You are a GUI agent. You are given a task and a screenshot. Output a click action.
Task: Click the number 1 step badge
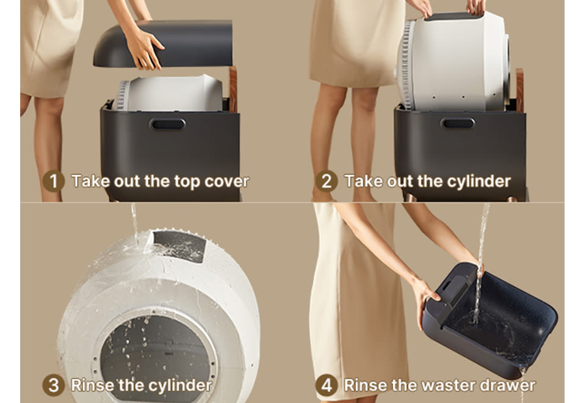54,181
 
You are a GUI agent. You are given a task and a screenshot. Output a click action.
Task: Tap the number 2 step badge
326,181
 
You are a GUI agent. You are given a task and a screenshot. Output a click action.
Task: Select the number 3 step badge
54,385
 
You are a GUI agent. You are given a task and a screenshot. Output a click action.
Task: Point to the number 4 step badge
326,385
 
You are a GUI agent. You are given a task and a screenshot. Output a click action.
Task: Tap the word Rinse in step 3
93,385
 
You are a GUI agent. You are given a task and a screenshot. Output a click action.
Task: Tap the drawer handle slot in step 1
167,125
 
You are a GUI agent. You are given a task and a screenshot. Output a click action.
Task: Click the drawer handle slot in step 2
458,123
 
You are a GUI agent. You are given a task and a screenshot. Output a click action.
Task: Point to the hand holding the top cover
144,49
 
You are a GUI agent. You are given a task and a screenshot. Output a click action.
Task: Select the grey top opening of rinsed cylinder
179,246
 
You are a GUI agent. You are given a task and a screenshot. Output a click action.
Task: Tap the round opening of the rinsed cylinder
157,355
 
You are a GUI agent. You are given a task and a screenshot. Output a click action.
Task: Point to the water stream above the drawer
482,254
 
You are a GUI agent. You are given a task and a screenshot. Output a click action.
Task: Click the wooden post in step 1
233,89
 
